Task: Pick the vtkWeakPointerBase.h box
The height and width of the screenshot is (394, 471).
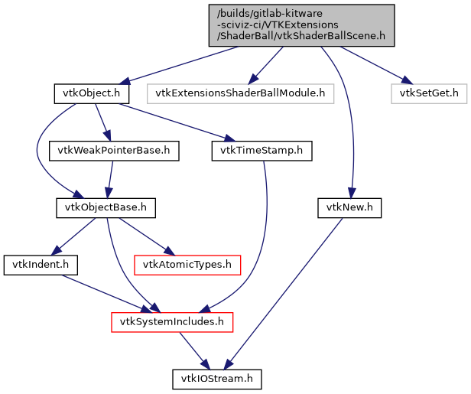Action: point(114,151)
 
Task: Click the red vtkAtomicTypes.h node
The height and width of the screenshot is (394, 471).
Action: point(187,265)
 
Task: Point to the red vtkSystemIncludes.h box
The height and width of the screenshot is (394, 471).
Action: point(172,322)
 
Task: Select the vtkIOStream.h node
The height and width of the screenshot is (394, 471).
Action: point(216,379)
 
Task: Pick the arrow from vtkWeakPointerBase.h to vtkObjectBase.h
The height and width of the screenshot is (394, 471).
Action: point(110,179)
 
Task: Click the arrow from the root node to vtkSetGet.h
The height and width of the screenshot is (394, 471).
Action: point(371,63)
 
